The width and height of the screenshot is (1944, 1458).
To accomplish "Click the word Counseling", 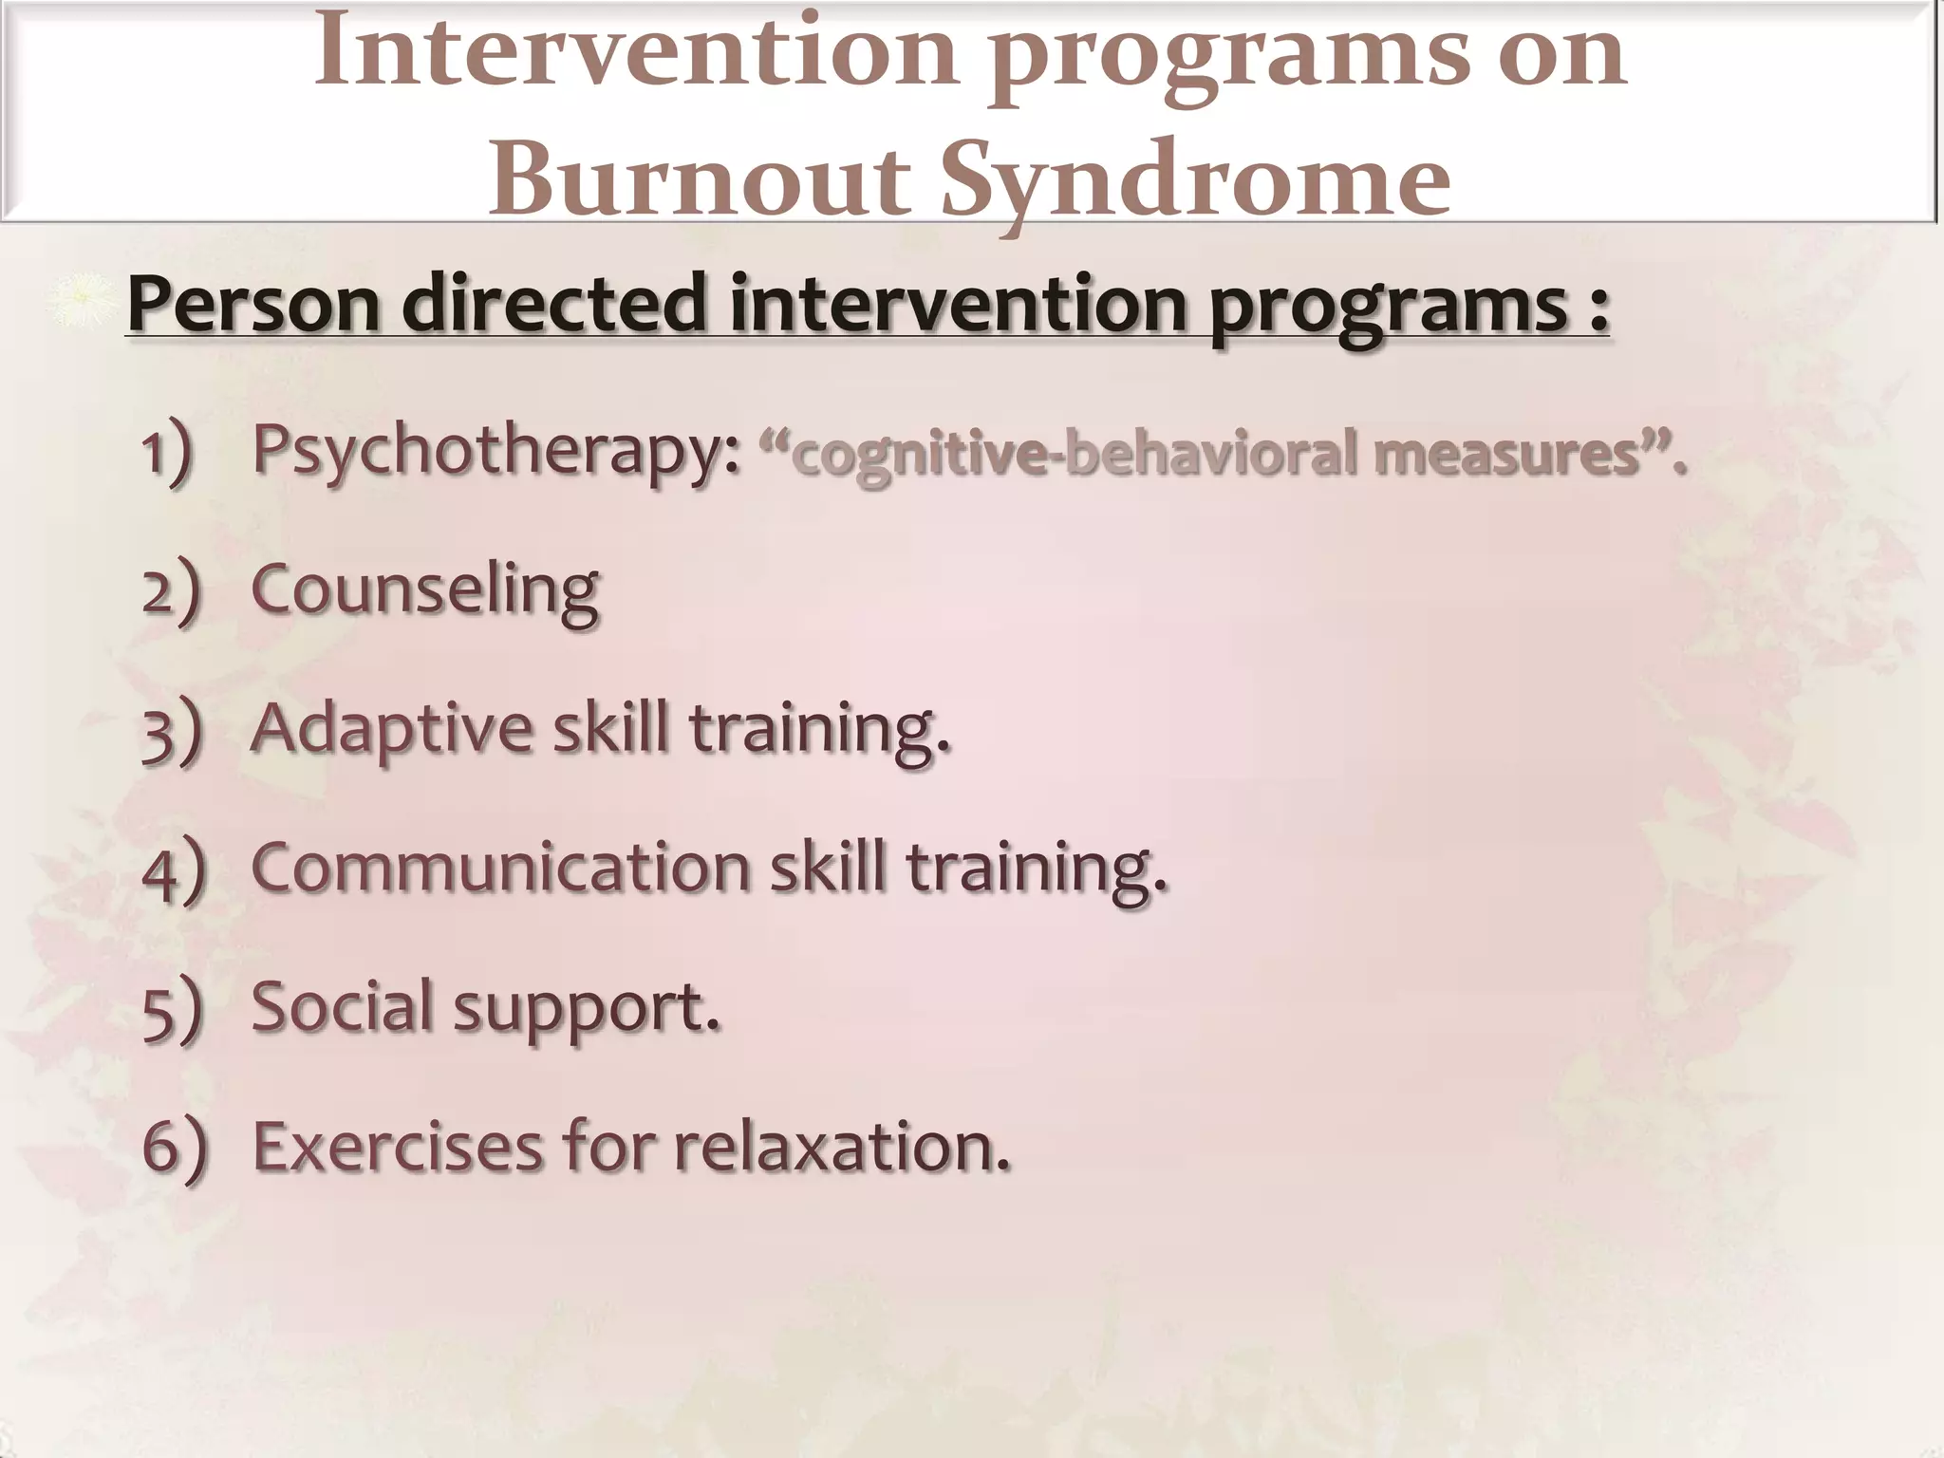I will pos(424,589).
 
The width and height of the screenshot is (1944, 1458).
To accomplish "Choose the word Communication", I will pos(500,867).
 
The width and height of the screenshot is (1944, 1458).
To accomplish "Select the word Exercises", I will pos(398,1146).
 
